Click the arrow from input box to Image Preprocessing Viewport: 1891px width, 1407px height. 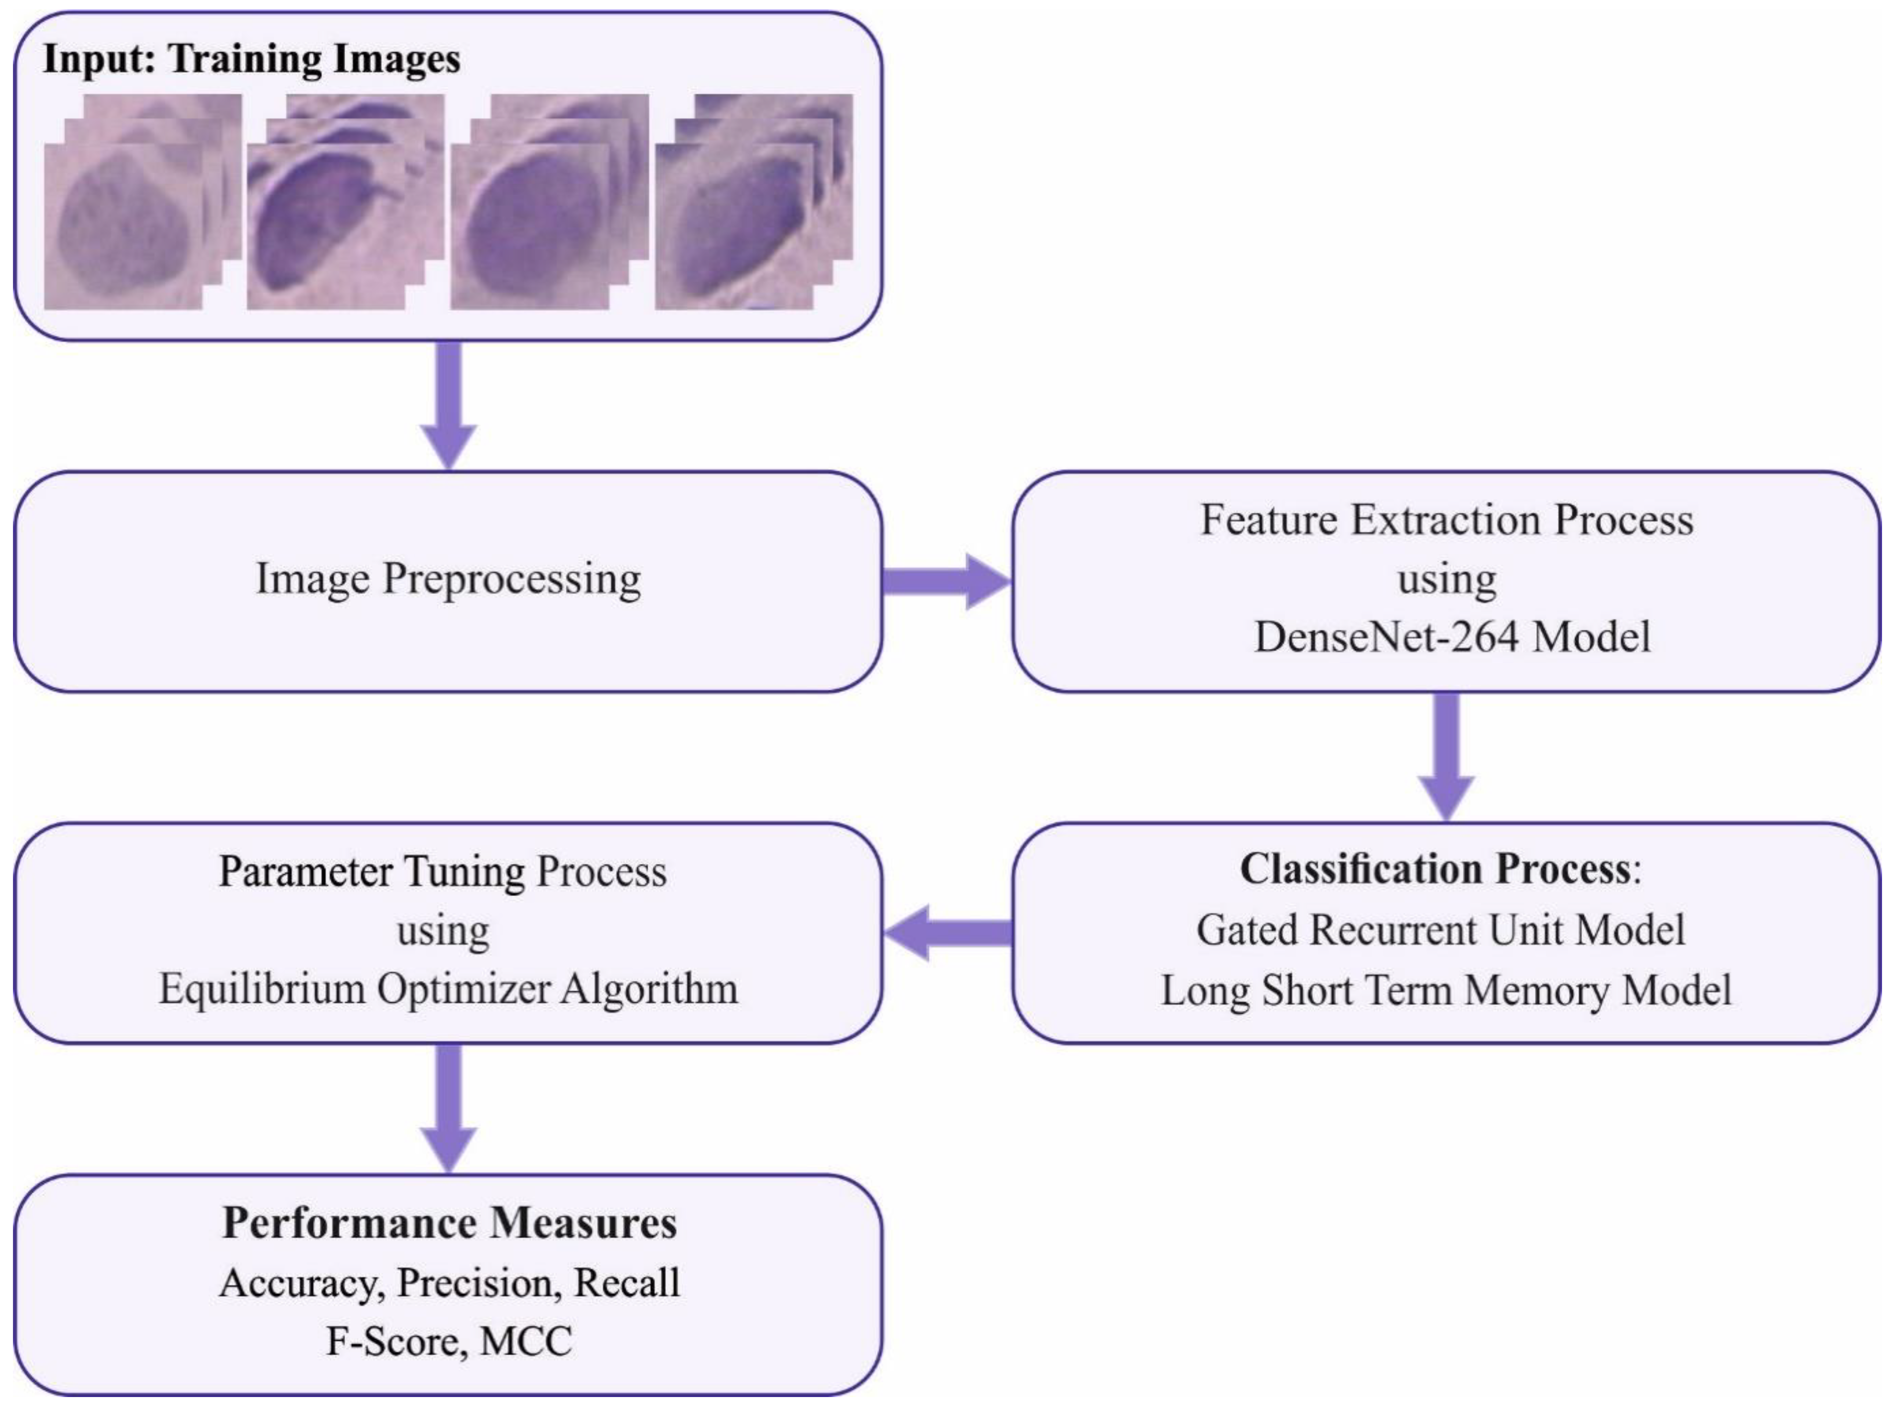[449, 405]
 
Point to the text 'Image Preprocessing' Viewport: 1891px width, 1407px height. [449, 579]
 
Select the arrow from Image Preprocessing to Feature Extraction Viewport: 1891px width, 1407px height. [945, 582]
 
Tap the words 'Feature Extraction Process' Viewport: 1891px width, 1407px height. [1446, 520]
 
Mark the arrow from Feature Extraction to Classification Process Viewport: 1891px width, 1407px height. [1446, 754]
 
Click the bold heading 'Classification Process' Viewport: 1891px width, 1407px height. [1435, 870]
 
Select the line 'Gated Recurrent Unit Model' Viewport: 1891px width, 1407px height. [1440, 930]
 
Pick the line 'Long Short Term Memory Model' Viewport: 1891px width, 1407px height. [1445, 990]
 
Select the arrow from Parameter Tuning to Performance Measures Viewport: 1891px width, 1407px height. [449, 1107]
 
